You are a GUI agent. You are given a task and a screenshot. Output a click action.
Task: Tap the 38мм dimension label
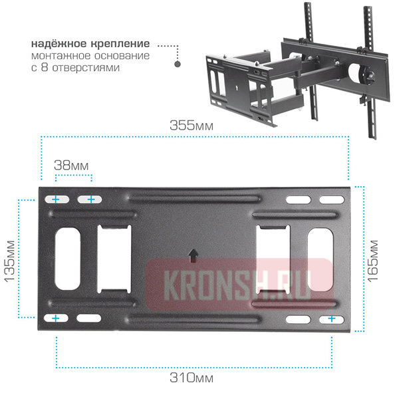(x=72, y=164)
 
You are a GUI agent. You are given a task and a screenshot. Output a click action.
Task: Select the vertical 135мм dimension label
(x=10, y=259)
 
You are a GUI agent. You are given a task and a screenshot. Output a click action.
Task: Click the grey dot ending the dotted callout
(x=178, y=65)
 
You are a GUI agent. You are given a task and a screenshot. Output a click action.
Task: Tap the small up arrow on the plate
(x=193, y=255)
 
